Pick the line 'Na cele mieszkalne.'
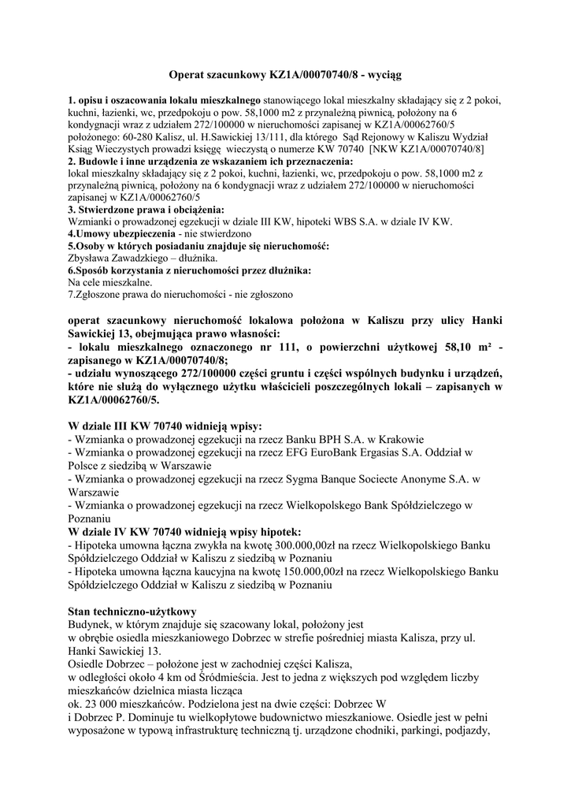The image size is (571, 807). [x=110, y=281]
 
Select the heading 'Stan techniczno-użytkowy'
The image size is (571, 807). [x=132, y=611]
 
